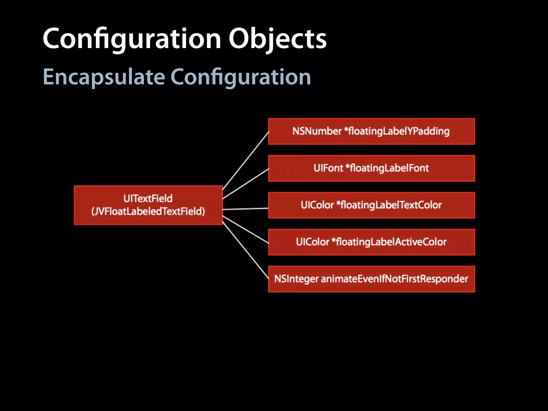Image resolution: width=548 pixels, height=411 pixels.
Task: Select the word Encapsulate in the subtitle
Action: [x=104, y=77]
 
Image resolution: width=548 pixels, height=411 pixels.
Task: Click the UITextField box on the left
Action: [x=148, y=205]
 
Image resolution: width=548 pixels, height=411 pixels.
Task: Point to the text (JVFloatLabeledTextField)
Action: [x=148, y=211]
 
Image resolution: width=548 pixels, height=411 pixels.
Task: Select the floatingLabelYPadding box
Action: [x=371, y=131]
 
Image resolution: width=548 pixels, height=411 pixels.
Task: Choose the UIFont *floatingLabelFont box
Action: [x=371, y=168]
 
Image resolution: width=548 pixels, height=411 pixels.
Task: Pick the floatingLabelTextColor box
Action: [x=371, y=205]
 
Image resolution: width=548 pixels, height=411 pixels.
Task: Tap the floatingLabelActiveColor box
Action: [x=371, y=242]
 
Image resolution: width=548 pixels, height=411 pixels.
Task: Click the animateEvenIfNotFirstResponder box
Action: [x=371, y=279]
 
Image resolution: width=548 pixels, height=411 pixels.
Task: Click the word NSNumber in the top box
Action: [x=317, y=131]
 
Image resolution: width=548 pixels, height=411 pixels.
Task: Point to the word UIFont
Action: [x=328, y=168]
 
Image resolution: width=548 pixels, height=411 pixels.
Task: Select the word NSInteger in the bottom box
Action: [x=296, y=279]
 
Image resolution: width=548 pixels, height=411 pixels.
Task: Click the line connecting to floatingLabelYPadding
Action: [x=245, y=161]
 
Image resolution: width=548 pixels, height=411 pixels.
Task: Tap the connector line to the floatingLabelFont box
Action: [x=245, y=184]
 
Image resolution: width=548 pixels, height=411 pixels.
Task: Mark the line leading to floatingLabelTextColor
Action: [x=245, y=209]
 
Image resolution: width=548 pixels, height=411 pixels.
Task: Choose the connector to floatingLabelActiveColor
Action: [x=245, y=230]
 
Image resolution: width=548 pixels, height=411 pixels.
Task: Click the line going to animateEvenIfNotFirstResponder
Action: [x=245, y=250]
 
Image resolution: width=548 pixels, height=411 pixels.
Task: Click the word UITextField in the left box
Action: [x=148, y=199]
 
